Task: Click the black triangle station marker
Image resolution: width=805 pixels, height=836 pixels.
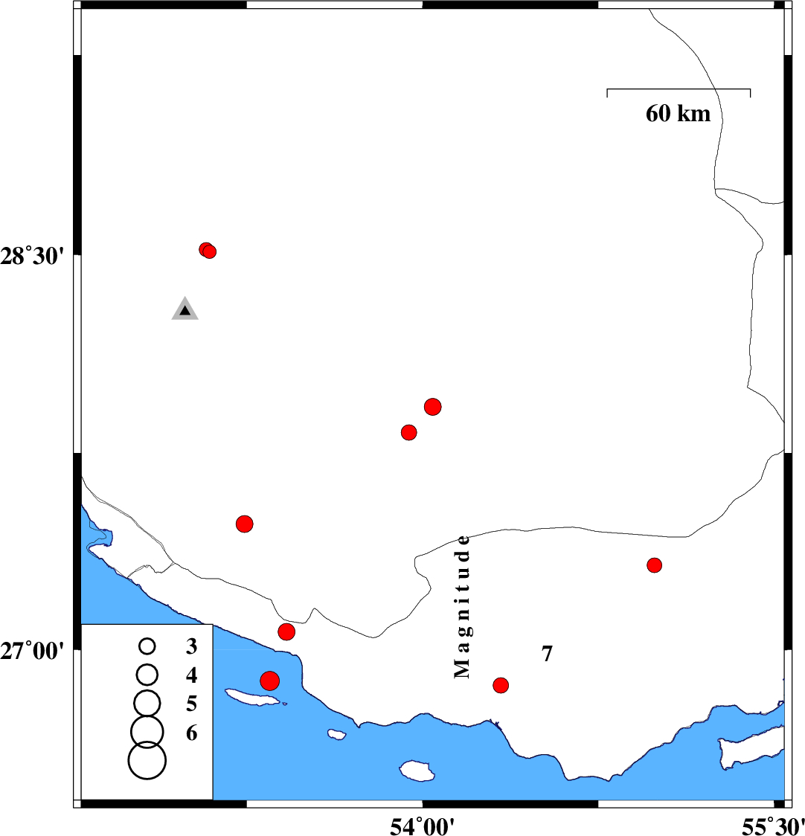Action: click(185, 309)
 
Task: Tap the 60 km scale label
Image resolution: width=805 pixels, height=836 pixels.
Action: click(678, 114)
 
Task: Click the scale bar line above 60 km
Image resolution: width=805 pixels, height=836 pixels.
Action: click(679, 89)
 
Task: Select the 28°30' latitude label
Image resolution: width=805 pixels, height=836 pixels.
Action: click(31, 257)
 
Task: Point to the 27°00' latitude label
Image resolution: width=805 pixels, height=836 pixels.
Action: click(31, 651)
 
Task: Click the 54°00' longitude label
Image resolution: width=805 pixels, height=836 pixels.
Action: click(423, 826)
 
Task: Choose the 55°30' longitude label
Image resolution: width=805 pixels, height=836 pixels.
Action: click(773, 826)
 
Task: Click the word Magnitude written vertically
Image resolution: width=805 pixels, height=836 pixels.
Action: click(462, 607)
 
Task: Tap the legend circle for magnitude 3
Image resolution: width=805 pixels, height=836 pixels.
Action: click(147, 647)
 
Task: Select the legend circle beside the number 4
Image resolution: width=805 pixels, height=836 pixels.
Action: click(147, 675)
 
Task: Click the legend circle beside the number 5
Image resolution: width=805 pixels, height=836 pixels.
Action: click(147, 703)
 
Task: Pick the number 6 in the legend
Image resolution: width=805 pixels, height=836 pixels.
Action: click(191, 733)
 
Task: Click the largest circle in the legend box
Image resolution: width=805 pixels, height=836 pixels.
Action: click(147, 760)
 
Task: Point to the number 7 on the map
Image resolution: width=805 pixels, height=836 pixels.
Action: click(548, 654)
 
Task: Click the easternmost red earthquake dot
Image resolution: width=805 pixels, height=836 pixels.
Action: click(655, 565)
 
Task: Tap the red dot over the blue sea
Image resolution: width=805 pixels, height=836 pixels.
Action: click(270, 681)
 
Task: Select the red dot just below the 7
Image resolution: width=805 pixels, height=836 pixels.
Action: click(501, 685)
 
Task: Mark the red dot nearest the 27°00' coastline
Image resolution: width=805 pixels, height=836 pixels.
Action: click(286, 631)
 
